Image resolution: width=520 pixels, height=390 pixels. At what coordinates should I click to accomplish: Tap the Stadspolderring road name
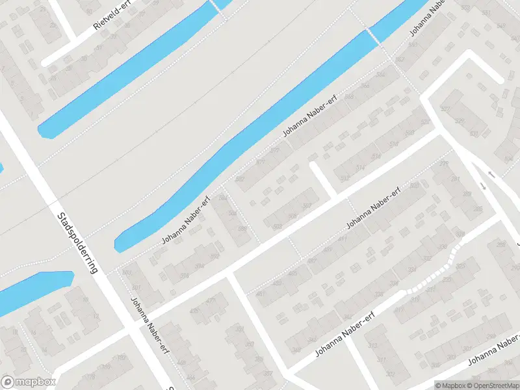coord(77,242)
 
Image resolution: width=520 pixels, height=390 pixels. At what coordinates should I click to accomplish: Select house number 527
coord(445,109)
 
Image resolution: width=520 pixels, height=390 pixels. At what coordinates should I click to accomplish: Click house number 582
coord(239,179)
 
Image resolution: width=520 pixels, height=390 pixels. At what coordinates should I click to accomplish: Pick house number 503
coord(278,226)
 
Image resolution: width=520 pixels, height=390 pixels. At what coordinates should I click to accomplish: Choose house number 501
coord(136,288)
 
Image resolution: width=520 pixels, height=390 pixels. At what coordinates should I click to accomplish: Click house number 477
coord(211,300)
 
